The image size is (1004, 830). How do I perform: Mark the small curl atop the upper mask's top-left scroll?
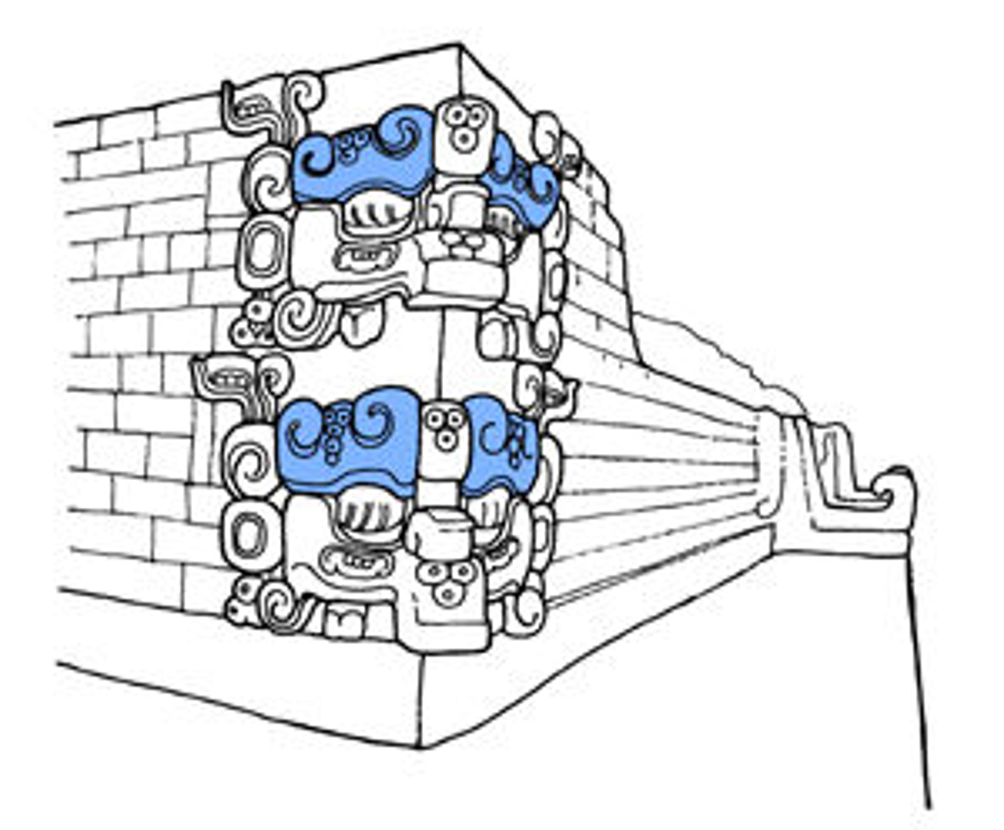click(x=304, y=96)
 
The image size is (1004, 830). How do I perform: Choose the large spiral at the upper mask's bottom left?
click(x=301, y=318)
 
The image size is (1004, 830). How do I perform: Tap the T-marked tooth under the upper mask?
click(x=361, y=325)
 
